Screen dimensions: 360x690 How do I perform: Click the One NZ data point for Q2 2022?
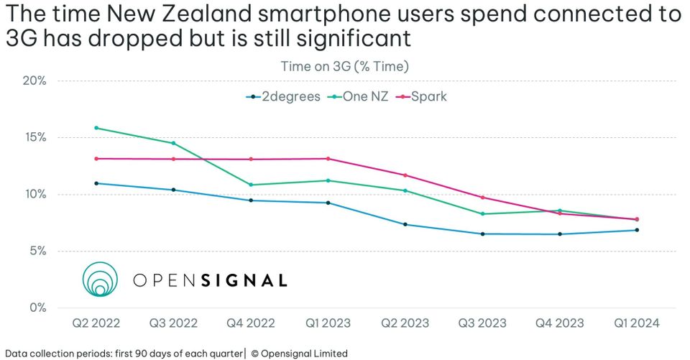96,128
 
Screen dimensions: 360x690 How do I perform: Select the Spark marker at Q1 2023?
328,159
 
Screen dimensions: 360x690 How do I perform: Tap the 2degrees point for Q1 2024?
636,230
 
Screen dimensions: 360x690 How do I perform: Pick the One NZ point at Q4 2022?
251,185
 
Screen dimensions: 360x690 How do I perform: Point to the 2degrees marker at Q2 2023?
405,224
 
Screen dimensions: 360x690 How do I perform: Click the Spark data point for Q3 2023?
482,198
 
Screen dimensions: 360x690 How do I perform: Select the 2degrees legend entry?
282,96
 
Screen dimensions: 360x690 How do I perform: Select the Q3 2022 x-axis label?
173,324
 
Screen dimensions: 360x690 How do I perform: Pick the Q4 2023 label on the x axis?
559,324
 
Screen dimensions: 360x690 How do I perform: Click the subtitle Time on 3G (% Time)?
344,67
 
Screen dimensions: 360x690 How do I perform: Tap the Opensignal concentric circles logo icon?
99,280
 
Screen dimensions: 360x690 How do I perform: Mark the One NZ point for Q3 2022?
173,143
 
